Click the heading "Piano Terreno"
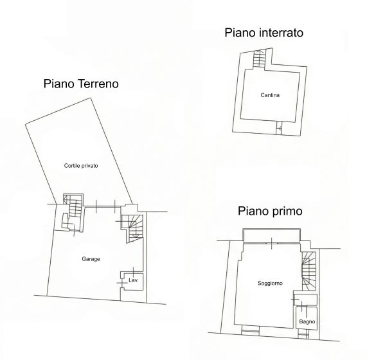[81, 84]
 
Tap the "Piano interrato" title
[264, 33]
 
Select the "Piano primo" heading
[270, 210]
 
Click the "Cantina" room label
[270, 95]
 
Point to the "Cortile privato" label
[81, 165]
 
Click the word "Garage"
[91, 259]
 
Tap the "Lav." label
[134, 281]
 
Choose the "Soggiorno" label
[270, 283]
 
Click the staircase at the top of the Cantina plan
[258, 60]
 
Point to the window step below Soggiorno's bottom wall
[249, 332]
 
